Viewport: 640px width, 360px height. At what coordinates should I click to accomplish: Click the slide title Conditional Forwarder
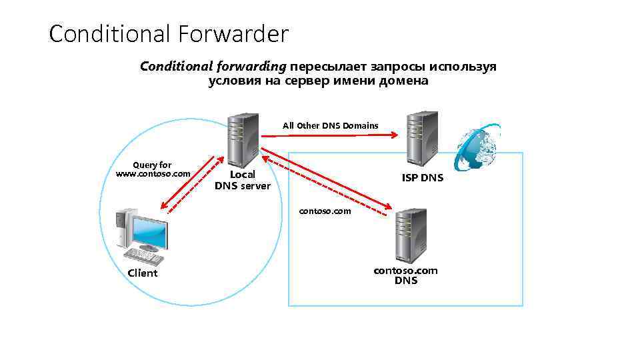[169, 33]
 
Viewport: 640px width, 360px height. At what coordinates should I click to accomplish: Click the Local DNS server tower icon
[242, 138]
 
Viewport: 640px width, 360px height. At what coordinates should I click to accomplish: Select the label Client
[143, 273]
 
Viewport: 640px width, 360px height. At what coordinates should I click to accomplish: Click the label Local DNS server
[242, 180]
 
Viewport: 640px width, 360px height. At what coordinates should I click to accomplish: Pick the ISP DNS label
[422, 178]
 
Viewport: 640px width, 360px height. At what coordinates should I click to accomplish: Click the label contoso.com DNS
[405, 275]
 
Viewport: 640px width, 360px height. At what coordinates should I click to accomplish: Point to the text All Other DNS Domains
[330, 125]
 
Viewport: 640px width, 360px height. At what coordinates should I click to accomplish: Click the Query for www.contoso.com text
[153, 169]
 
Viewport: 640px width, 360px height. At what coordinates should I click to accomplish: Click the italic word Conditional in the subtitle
[176, 67]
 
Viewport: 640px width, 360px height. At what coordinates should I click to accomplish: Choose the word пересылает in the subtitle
[324, 67]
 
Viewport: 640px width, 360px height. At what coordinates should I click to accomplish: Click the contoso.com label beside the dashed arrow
[325, 211]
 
